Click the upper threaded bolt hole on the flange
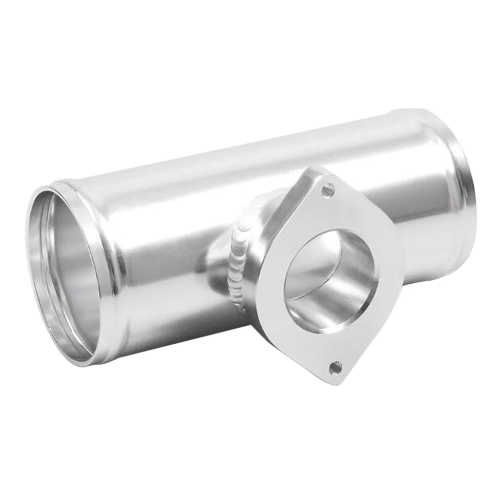click(x=328, y=190)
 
